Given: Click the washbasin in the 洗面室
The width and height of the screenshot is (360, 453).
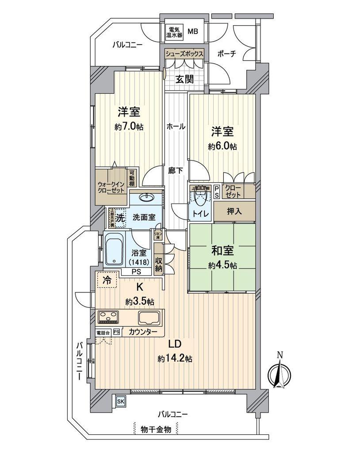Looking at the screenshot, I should tap(145, 198).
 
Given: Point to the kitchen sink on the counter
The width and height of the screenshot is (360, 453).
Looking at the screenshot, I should tap(149, 318).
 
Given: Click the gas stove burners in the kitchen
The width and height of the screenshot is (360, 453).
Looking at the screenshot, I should tap(108, 317).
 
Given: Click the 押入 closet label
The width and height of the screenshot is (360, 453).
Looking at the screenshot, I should tap(234, 211).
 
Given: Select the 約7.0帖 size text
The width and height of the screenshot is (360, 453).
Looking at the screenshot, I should tap(128, 127).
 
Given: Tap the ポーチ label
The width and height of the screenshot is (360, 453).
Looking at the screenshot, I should tap(227, 54).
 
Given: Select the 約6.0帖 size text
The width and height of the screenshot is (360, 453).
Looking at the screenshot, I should tap(222, 146).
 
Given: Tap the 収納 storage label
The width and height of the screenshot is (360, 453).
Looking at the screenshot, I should tap(159, 264).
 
